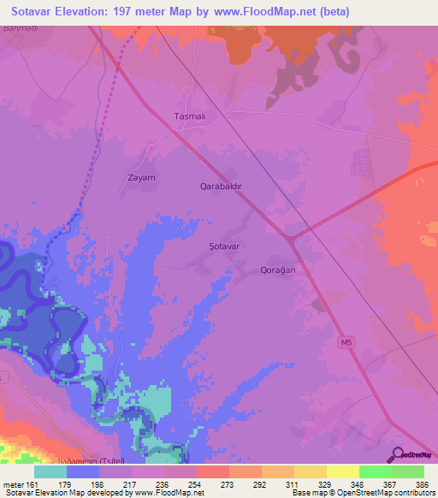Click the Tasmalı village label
tap(190, 116)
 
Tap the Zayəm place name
tap(142, 178)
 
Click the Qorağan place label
tap(277, 269)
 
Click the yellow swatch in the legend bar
tap(342, 471)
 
